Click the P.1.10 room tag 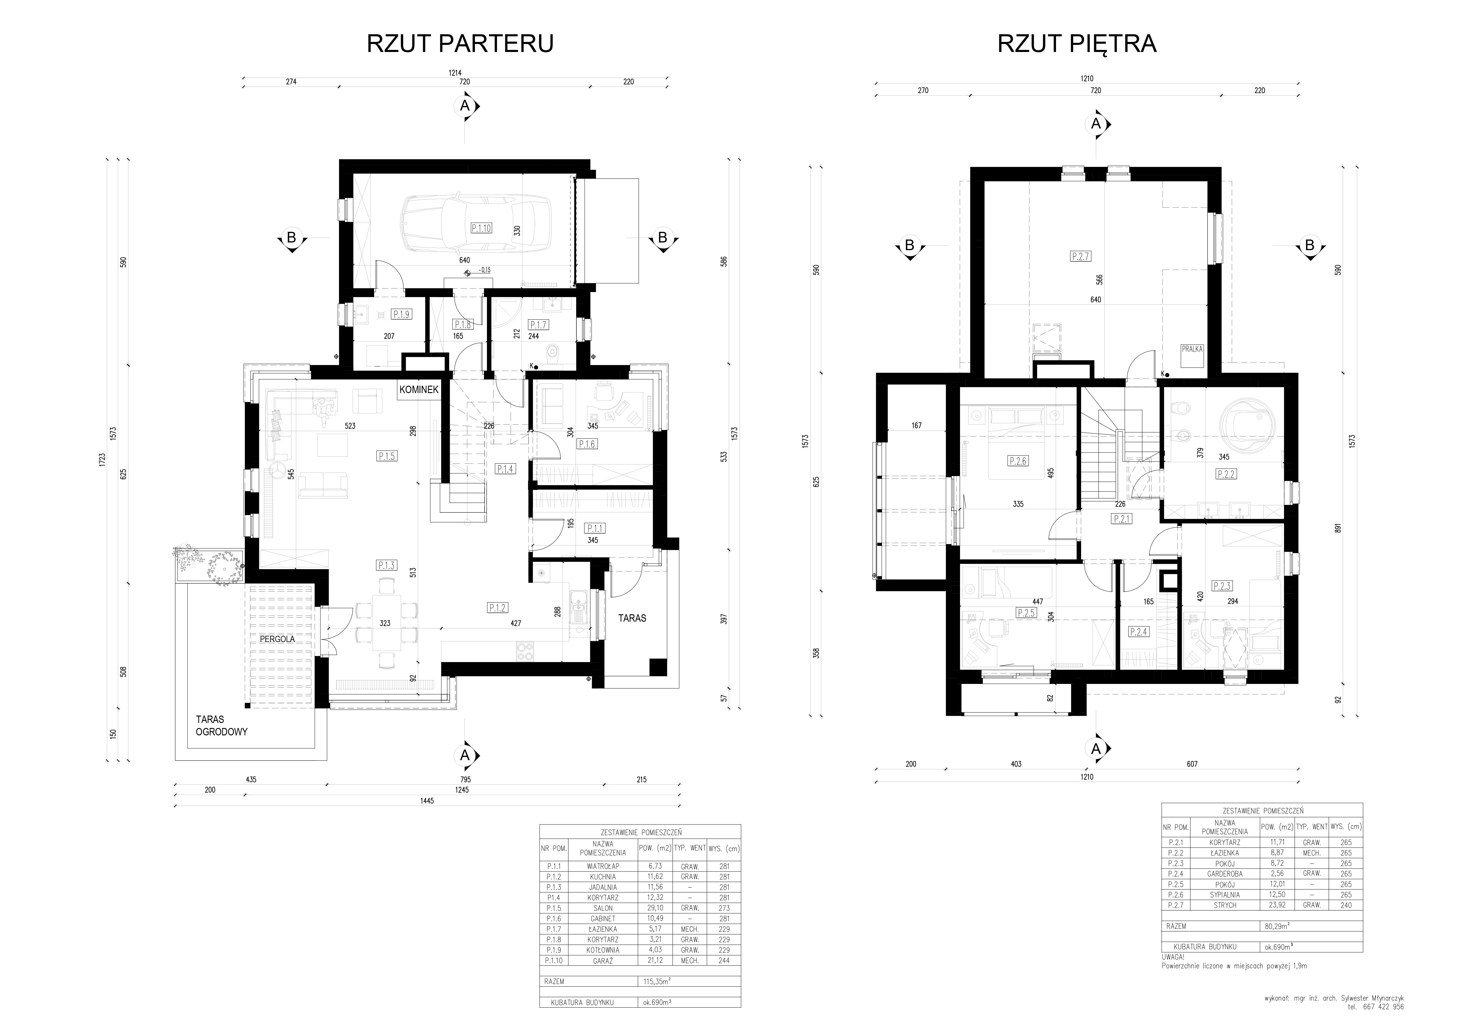(481, 228)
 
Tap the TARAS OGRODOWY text (221, 726)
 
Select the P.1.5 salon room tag (387, 456)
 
